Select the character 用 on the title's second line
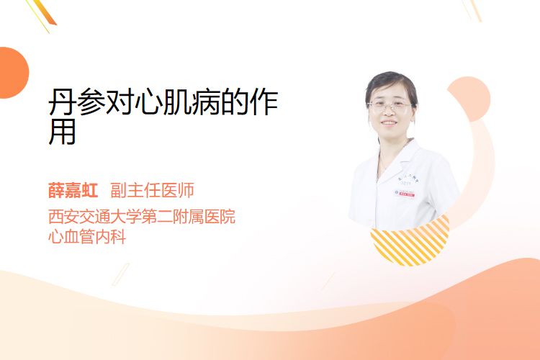coord(62,131)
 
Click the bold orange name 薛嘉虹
coord(73,190)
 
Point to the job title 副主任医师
coord(152,190)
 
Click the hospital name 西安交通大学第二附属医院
coord(142,216)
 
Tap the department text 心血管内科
coord(87,236)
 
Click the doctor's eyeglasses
coord(389,105)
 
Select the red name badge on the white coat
coord(405,194)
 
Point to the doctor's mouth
coord(389,122)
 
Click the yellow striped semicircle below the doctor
coord(410,242)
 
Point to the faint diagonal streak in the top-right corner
coord(472,10)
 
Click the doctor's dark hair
coord(391,81)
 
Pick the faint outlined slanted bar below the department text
coord(121,274)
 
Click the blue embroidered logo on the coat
coord(408,180)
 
